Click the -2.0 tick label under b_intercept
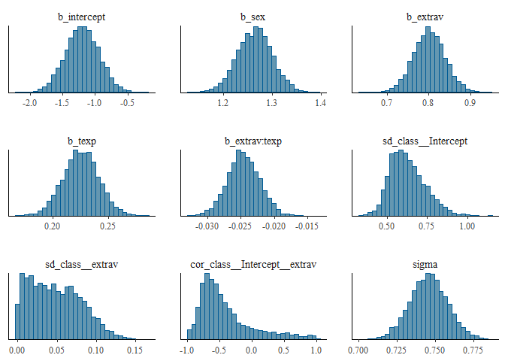pos(30,102)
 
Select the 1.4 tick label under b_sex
pos(320,102)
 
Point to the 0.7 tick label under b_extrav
pos(388,102)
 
